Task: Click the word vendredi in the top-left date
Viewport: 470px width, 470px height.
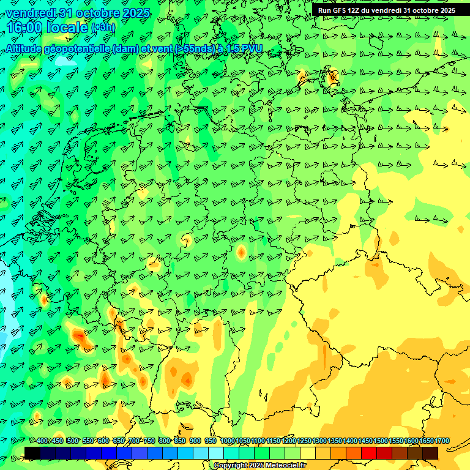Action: click(x=31, y=12)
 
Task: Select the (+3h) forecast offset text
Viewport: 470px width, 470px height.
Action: click(x=102, y=28)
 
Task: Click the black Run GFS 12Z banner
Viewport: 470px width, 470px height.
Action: click(x=386, y=10)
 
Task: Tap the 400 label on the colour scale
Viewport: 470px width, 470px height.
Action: click(x=42, y=441)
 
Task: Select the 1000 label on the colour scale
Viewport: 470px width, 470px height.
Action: click(x=227, y=441)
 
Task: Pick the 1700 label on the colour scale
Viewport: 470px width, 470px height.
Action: click(x=442, y=441)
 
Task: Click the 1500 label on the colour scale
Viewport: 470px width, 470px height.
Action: click(x=381, y=441)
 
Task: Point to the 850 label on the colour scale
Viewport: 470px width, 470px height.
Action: click(x=180, y=441)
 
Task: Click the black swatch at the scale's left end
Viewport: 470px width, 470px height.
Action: click(x=32, y=453)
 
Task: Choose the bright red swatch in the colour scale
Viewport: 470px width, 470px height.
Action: click(x=369, y=453)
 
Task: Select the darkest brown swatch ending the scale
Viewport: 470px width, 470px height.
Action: click(x=430, y=453)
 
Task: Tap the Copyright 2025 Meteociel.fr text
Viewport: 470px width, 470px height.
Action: click(x=259, y=465)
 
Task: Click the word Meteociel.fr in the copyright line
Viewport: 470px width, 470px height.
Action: click(x=285, y=465)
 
